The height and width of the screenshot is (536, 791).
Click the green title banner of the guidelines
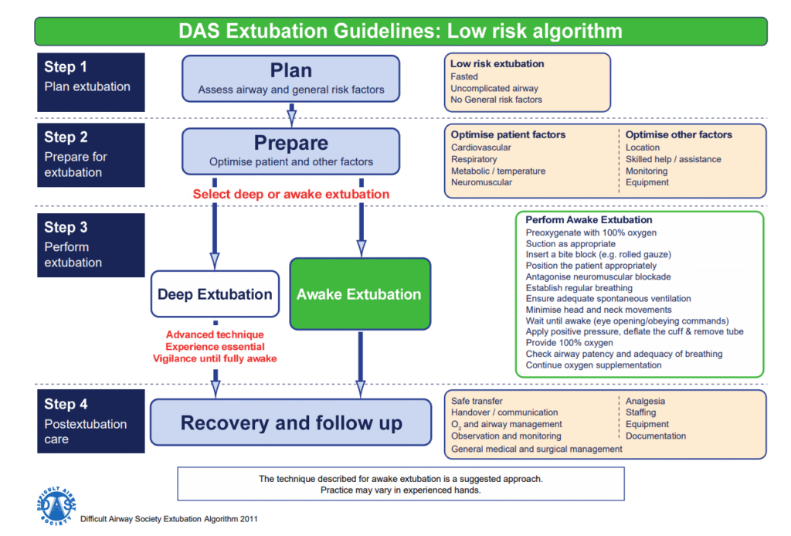pos(400,32)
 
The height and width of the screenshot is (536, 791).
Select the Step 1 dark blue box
pos(90,77)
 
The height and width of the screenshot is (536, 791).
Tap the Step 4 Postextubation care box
pos(90,421)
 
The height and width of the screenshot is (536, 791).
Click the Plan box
pos(290,78)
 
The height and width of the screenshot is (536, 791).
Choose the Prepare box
pos(290,151)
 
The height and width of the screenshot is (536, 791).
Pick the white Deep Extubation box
pos(215,294)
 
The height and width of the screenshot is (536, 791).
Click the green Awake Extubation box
pos(359,294)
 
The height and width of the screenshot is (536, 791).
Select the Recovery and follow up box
pos(290,422)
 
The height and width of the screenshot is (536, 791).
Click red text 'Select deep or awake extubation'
pos(290,194)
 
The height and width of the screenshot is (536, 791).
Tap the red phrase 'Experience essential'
pos(215,347)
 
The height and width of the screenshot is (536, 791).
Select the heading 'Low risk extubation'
pos(497,64)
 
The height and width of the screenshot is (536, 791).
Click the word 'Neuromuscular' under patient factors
pos(481,183)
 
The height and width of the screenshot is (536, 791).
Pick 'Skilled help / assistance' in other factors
pos(673,159)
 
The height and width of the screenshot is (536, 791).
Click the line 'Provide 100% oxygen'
pos(569,342)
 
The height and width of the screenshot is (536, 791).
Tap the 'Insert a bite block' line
pos(599,255)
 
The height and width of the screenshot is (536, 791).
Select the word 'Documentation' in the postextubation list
pos(655,436)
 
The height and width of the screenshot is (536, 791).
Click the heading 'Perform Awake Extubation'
pos(589,220)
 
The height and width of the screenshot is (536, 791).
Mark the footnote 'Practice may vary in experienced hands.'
pos(400,490)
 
